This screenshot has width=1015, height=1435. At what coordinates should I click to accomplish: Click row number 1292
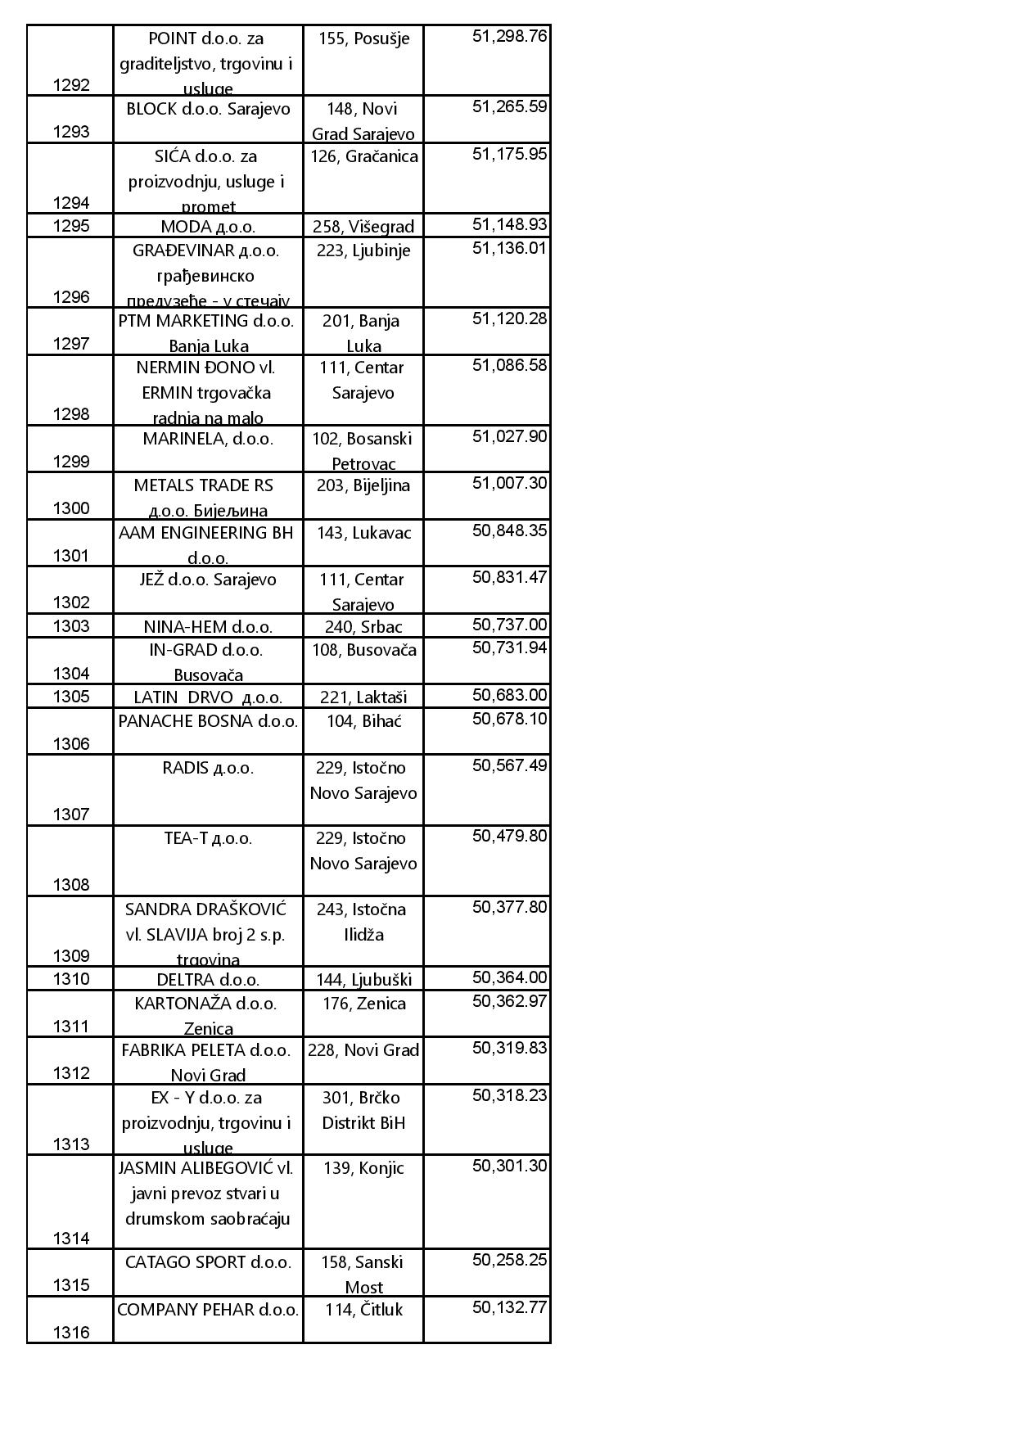pyautogui.click(x=71, y=85)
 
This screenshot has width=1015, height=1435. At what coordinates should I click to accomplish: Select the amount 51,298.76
pyautogui.click(x=509, y=36)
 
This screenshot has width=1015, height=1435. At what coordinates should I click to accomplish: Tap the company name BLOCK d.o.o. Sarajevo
pyautogui.click(x=208, y=109)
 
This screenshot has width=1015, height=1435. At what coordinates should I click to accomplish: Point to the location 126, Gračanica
pyautogui.click(x=363, y=156)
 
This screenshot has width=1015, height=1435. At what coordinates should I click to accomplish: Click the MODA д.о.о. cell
pyautogui.click(x=208, y=227)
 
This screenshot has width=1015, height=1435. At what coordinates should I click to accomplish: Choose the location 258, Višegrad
pyautogui.click(x=363, y=227)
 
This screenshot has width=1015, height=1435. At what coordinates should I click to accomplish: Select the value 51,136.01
pyautogui.click(x=509, y=248)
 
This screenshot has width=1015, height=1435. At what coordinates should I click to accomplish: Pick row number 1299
pyautogui.click(x=71, y=462)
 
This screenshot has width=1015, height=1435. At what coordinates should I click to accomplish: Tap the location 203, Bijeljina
pyautogui.click(x=363, y=485)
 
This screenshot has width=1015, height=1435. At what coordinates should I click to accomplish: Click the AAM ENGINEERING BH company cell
pyautogui.click(x=206, y=544)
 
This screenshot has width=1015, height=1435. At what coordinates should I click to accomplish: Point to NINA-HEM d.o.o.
pyautogui.click(x=208, y=627)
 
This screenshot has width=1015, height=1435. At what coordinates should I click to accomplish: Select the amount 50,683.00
pyautogui.click(x=509, y=696)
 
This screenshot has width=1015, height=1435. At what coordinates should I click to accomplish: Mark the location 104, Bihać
pyautogui.click(x=363, y=721)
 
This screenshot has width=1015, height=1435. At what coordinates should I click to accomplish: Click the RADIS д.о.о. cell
pyautogui.click(x=208, y=768)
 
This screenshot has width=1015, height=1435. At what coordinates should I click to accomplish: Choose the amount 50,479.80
pyautogui.click(x=509, y=836)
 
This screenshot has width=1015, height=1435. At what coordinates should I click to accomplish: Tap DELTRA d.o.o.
pyautogui.click(x=208, y=980)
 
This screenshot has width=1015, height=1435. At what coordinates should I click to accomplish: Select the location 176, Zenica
pyautogui.click(x=363, y=1004)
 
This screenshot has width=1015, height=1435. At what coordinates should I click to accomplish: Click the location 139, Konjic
pyautogui.click(x=363, y=1168)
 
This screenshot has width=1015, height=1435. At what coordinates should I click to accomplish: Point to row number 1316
pyautogui.click(x=71, y=1333)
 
